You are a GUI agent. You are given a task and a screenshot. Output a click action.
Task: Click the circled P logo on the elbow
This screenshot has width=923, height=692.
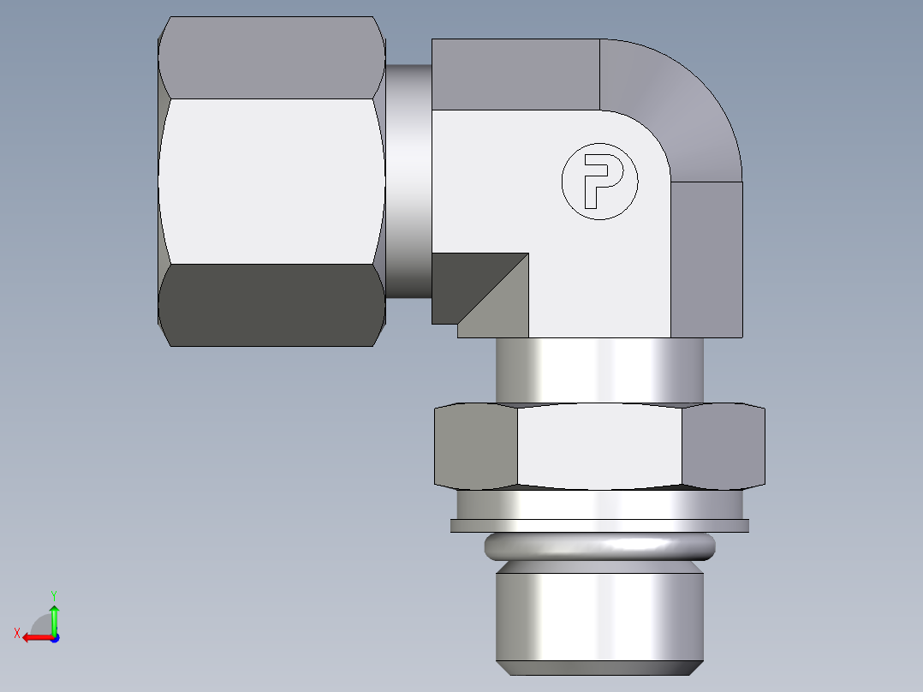[x=599, y=181]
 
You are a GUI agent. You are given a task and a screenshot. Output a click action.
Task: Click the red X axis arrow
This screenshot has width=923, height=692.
[x=34, y=637]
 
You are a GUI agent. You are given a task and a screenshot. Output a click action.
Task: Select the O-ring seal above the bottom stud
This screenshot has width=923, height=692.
[x=599, y=545]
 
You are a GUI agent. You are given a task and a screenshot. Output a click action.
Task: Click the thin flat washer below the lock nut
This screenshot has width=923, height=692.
[x=599, y=526]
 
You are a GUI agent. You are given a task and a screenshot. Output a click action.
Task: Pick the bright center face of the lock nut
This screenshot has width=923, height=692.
[x=599, y=446]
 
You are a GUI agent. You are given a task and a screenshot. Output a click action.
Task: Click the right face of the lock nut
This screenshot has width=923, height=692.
[x=723, y=446]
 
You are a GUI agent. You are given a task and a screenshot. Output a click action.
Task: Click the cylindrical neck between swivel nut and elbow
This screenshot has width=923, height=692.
[x=408, y=181]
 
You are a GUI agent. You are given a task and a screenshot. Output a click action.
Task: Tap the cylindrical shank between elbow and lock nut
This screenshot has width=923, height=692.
[x=599, y=369]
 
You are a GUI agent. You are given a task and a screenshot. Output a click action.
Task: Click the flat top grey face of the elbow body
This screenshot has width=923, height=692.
[x=514, y=75]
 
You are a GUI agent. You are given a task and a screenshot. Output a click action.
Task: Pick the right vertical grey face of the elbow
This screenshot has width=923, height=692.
[x=706, y=257]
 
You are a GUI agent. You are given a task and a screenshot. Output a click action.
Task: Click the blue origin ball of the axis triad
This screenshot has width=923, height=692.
[x=54, y=638]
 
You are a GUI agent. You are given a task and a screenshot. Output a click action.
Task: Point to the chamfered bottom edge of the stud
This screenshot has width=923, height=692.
[x=599, y=668]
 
